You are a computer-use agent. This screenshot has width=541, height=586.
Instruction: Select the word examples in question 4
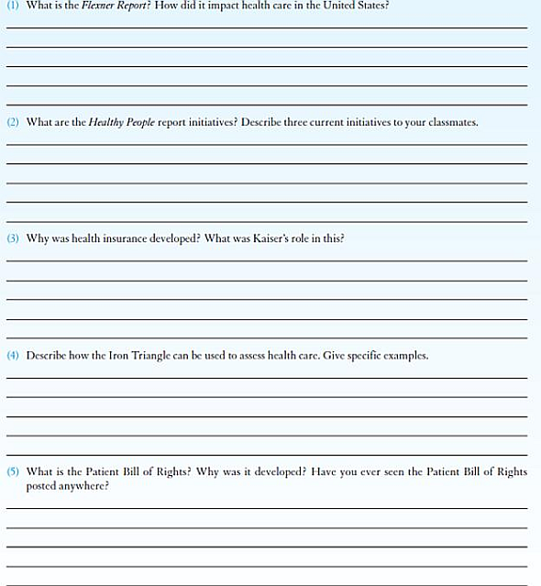click(x=405, y=355)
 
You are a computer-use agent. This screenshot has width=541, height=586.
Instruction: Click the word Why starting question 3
click(x=38, y=238)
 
